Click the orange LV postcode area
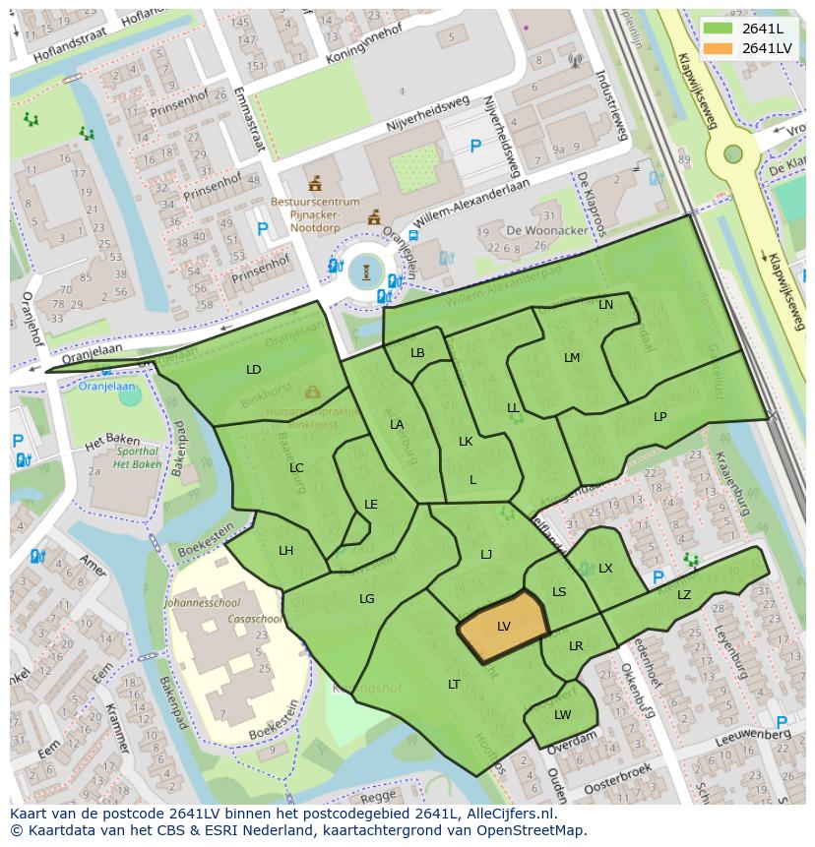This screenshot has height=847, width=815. tap(502, 627)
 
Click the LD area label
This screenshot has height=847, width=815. tap(254, 370)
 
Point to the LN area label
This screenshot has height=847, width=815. tap(605, 305)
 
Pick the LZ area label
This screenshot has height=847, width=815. tap(684, 595)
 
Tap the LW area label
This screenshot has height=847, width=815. tap(562, 715)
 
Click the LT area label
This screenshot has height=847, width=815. tap(454, 685)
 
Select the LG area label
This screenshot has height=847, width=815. tap(366, 599)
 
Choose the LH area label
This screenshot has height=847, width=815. tap(285, 551)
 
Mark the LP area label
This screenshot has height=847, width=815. tap(659, 417)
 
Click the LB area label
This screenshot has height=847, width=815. tap(417, 353)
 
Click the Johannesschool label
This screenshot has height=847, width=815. tap(203, 602)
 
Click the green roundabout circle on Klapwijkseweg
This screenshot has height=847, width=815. tap(733, 153)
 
